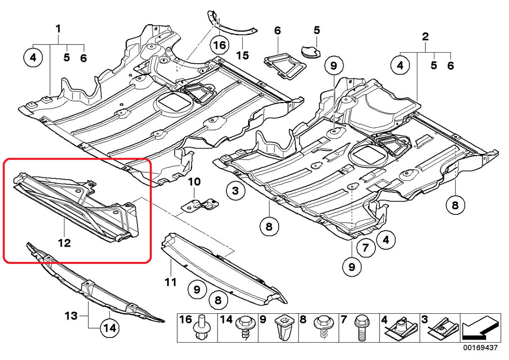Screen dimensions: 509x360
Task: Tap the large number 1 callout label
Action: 59,29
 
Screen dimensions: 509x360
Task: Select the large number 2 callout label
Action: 425,37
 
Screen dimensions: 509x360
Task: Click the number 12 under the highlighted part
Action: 64,243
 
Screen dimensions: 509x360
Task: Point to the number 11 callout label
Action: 171,282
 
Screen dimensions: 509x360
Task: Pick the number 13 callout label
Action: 71,316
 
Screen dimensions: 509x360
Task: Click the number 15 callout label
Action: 243,55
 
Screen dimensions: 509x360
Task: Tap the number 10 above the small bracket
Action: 194,182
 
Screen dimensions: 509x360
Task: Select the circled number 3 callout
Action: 236,191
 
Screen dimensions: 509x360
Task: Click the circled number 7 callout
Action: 365,247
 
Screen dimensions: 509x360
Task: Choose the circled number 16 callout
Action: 219,45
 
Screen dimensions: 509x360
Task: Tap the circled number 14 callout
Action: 109,329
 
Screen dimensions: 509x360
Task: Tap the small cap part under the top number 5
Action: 310,52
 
